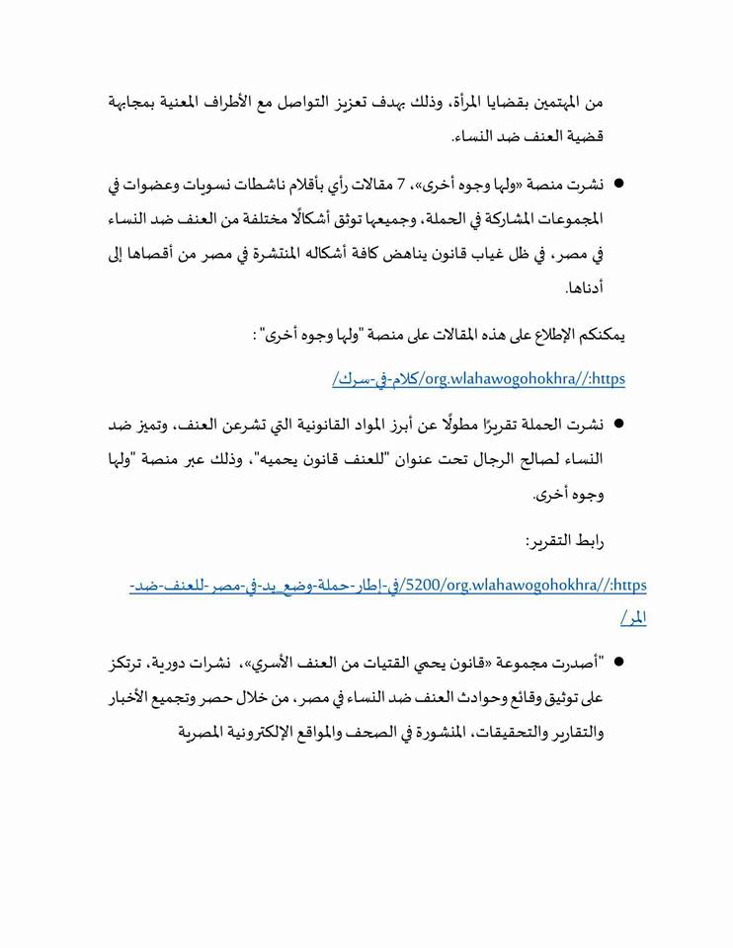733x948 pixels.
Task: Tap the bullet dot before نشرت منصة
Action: click(x=619, y=183)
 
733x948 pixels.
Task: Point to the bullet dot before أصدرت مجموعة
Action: click(x=619, y=663)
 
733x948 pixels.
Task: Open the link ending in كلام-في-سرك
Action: click(x=479, y=379)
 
